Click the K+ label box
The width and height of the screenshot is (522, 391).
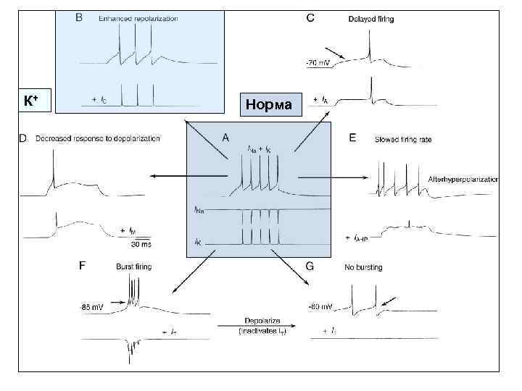(31, 101)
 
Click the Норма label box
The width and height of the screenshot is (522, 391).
(268, 104)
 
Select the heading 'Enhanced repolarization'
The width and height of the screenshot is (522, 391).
(138, 19)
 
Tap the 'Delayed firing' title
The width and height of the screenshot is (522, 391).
(371, 19)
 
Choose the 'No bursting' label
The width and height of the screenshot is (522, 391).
(364, 267)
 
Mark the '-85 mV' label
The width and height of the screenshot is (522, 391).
(93, 307)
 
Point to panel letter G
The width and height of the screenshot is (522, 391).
(310, 266)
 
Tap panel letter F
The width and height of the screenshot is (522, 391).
(82, 266)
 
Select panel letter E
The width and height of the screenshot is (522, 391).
(352, 136)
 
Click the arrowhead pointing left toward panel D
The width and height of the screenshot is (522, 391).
(154, 176)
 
